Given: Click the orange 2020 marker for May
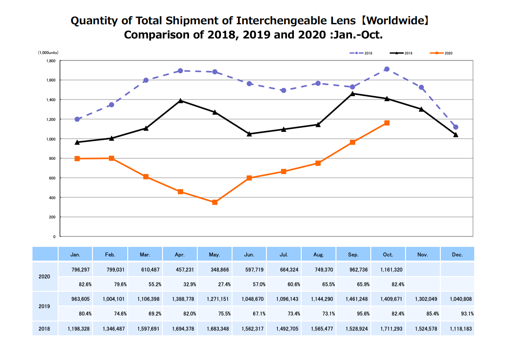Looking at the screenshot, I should click(x=215, y=202).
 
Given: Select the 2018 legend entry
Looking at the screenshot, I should click(x=361, y=53).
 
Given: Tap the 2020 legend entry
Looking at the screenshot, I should click(x=441, y=53).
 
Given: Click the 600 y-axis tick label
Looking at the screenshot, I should click(x=52, y=178).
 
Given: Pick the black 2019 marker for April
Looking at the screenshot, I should click(x=181, y=101).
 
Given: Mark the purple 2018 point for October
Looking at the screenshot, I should click(x=387, y=69).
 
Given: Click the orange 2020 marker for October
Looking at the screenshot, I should click(x=387, y=123).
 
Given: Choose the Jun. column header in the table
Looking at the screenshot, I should click(x=249, y=254).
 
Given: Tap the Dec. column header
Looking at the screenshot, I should click(x=457, y=254).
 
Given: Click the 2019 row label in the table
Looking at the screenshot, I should click(x=45, y=306).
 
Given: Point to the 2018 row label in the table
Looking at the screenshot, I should click(x=45, y=328).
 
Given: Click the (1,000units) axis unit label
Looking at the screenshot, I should click(x=48, y=53).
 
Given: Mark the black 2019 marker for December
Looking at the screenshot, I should click(x=455, y=135).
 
